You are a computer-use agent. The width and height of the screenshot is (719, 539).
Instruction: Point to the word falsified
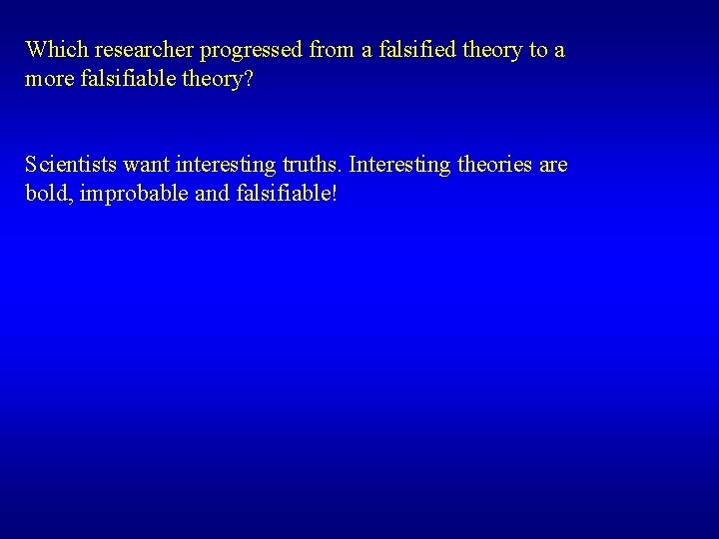tap(406, 50)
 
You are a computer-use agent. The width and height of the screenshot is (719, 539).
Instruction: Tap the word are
tap(553, 164)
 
